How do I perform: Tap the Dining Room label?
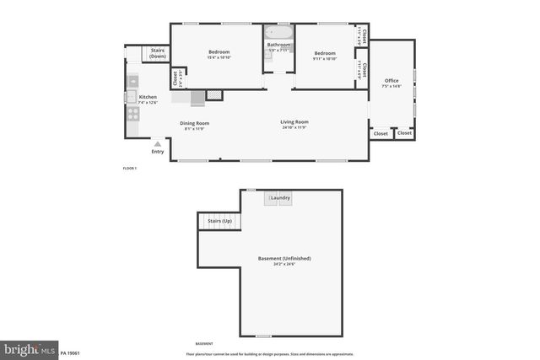pos(195,123)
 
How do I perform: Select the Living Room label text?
pos(294,122)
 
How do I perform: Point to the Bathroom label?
pos(278,45)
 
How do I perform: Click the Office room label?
pos(391,80)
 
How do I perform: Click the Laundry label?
pos(280,198)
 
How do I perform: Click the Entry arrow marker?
pos(157,145)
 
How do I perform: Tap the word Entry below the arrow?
pos(158,152)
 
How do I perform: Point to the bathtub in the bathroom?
pos(278,32)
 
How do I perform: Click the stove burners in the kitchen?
pos(132,113)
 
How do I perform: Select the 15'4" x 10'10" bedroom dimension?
pos(219,59)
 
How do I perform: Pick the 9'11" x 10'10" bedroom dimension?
pos(325,59)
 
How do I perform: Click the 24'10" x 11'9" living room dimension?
pos(294,128)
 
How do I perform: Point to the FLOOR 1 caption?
pos(129,169)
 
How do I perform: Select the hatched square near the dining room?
pos(214,95)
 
